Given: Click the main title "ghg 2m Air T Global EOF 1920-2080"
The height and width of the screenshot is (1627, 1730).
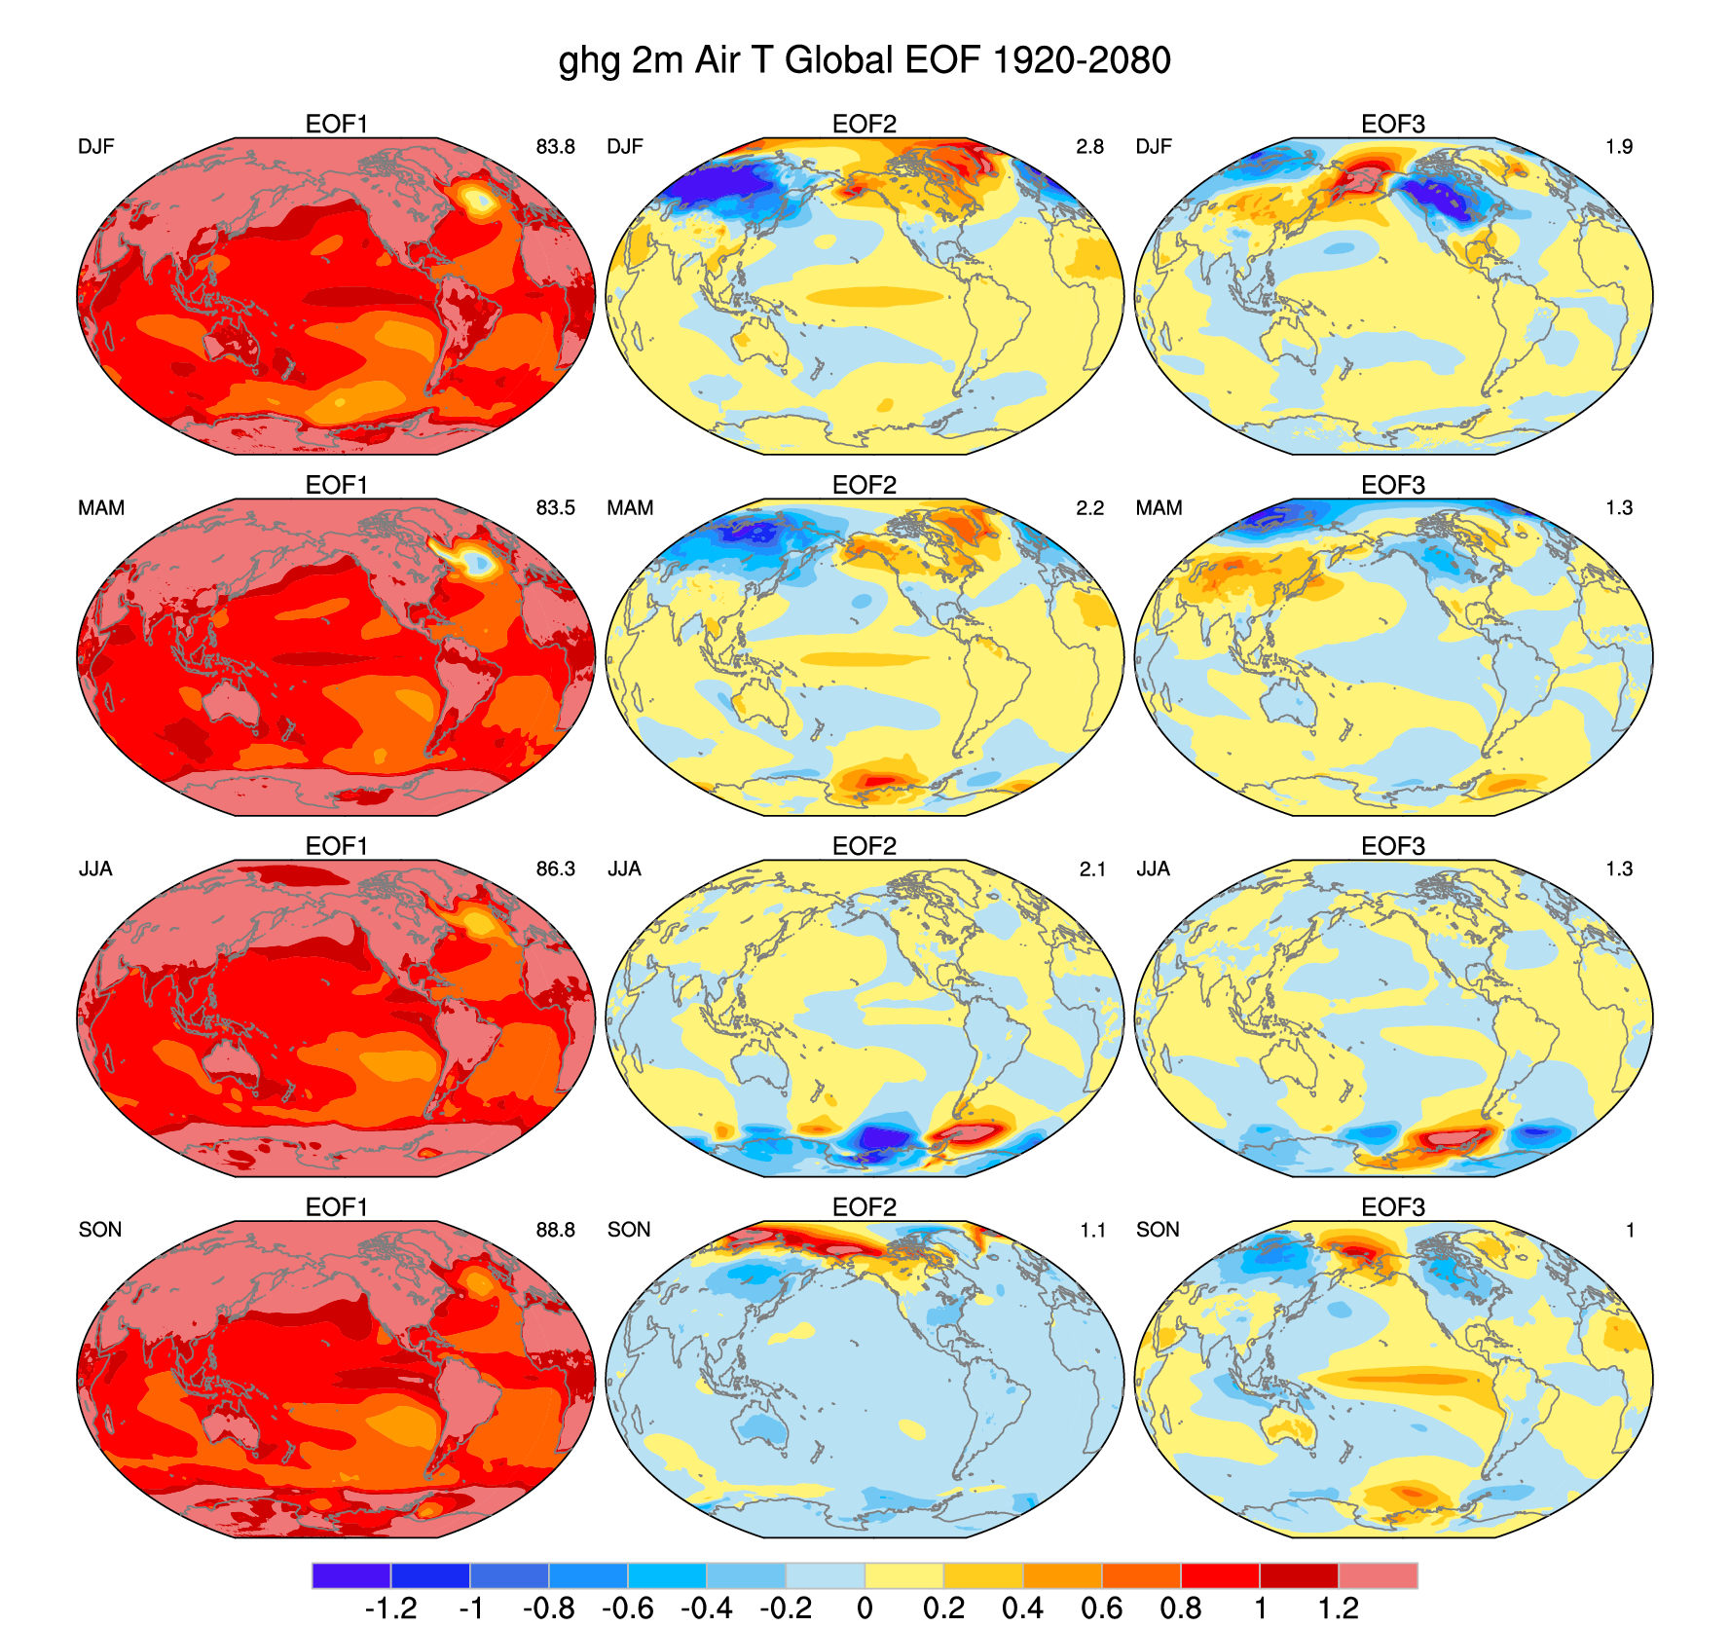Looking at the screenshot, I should coord(865,60).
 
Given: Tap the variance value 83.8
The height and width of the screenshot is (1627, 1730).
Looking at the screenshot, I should coord(555,147).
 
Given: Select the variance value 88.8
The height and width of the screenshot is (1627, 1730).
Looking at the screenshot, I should coord(555,1230).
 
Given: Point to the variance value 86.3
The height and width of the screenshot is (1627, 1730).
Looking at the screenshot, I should coord(555,869).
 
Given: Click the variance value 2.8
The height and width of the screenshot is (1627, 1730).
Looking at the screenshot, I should coord(1089,147).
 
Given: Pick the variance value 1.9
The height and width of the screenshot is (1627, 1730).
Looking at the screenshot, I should coord(1618,147).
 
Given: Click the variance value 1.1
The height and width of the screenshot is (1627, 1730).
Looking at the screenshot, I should coord(1092,1231).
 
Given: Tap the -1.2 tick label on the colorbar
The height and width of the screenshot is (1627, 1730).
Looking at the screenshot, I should coord(390,1608).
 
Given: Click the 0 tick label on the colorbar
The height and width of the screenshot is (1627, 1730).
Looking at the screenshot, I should coord(865,1608).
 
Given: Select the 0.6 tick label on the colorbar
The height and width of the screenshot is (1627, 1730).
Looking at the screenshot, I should coord(1101,1608).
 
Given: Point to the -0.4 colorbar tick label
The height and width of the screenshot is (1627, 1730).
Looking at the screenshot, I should coord(707,1608).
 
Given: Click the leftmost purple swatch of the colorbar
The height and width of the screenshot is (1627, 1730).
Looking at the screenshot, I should coord(350,1575).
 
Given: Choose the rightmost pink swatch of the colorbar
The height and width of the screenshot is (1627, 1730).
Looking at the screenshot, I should coord(1378,1575).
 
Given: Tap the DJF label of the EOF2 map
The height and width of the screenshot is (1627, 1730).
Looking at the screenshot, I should coord(625,147).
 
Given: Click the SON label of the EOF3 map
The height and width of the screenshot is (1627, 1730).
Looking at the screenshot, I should coord(1158,1230).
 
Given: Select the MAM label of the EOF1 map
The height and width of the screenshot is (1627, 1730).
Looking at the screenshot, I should coord(101,508).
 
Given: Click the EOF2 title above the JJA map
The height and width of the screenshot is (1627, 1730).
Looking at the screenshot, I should coord(865,846).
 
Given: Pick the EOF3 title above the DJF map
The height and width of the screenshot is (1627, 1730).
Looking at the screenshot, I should coord(1393,124).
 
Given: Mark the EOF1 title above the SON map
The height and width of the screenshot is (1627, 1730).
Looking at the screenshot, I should coord(336,1207).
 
